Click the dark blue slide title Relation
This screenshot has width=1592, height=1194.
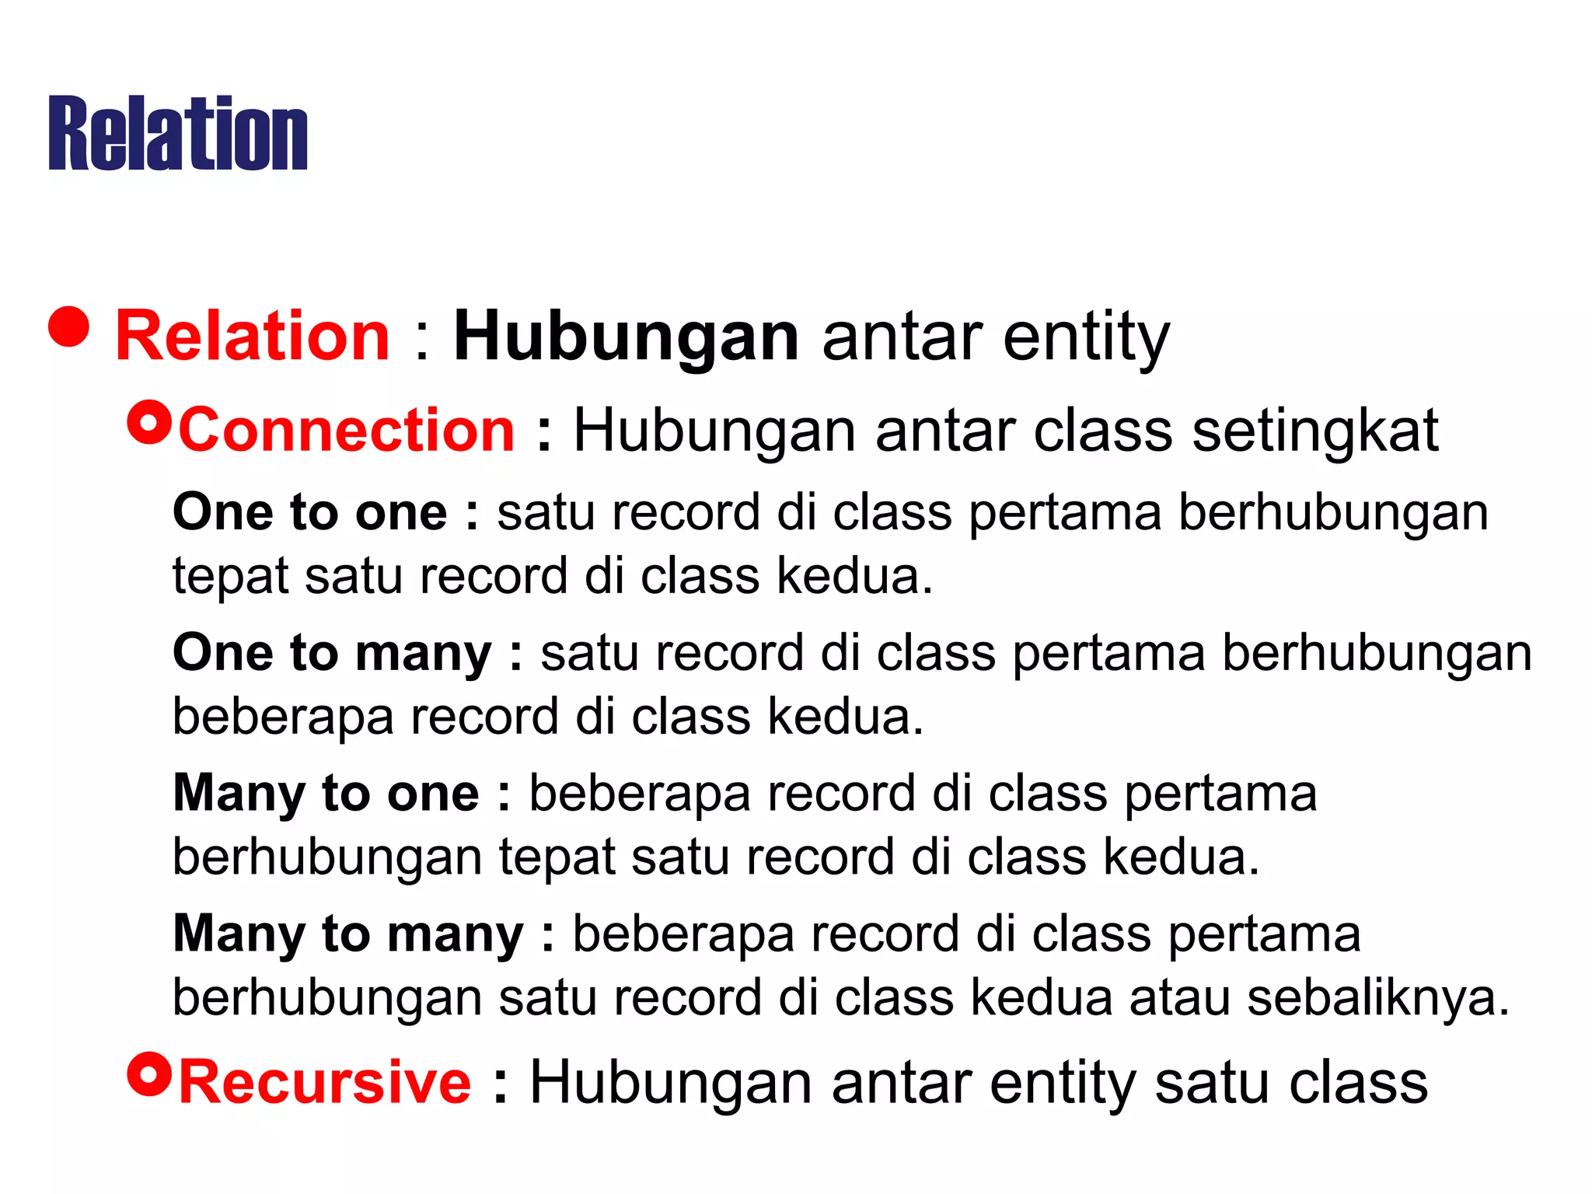[x=178, y=133]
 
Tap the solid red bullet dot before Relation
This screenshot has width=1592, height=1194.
[x=69, y=326]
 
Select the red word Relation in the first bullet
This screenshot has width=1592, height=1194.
[x=252, y=336]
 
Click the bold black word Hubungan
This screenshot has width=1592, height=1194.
[x=626, y=337]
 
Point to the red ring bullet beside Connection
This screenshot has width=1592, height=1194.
[x=148, y=423]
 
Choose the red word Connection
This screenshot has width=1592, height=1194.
[x=347, y=430]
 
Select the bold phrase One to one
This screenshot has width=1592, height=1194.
[x=309, y=512]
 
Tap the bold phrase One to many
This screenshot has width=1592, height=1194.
[x=332, y=653]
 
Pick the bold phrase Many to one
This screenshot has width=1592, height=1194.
[x=326, y=794]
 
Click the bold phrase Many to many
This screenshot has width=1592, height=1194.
[x=348, y=934]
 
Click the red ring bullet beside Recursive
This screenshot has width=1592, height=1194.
[x=148, y=1074]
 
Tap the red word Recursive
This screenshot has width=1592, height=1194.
[x=325, y=1082]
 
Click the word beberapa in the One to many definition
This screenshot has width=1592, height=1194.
[x=283, y=716]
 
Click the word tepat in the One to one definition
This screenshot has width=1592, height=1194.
[x=229, y=577]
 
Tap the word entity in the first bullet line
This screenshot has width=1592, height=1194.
[x=1086, y=337]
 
